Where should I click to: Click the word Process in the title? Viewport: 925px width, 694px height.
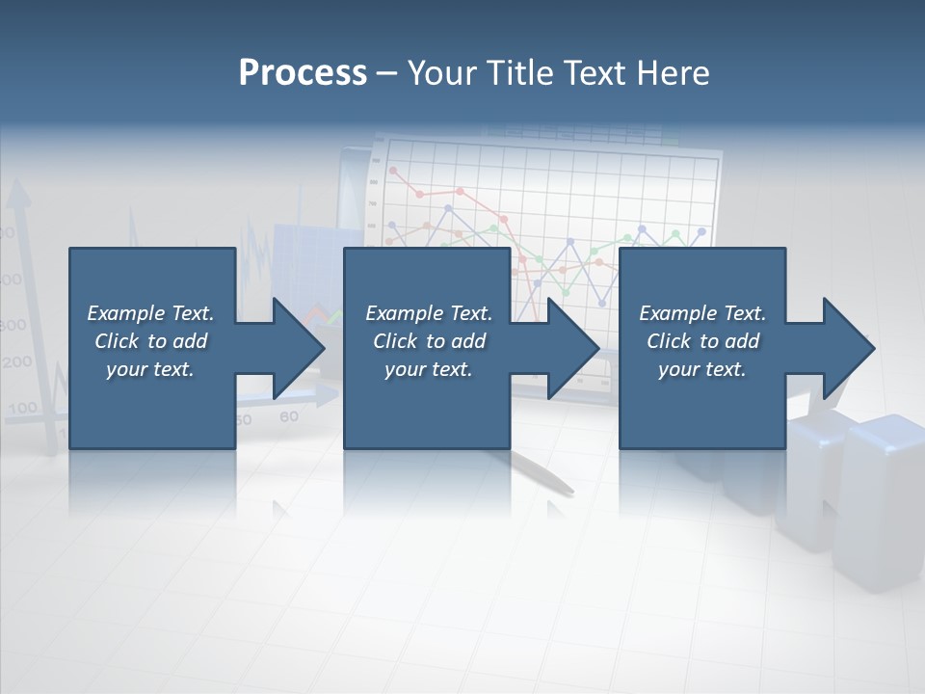click(x=303, y=73)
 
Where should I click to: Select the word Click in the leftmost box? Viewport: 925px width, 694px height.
click(x=118, y=341)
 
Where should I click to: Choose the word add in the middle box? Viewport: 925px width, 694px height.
click(x=468, y=341)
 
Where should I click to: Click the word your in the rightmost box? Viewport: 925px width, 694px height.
click(x=678, y=369)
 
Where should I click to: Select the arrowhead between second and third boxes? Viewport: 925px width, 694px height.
click(x=572, y=348)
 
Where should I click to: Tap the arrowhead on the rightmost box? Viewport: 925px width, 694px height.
click(x=848, y=348)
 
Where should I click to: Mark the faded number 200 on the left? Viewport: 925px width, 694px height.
click(x=16, y=363)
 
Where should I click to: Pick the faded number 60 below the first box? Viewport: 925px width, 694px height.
click(x=288, y=417)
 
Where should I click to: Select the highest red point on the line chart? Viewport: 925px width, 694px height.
click(x=392, y=171)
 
